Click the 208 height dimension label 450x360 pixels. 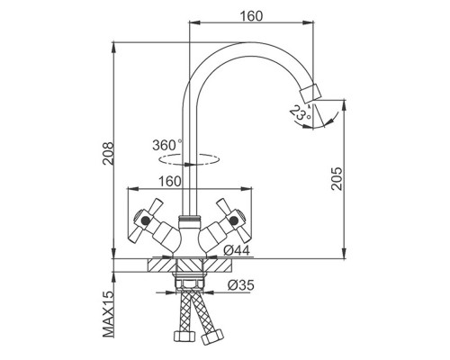pos(108,153)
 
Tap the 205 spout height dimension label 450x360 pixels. pos(337,178)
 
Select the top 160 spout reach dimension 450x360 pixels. pos(251,16)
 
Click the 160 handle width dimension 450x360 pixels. pos(170,182)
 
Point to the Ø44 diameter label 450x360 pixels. pos(237,250)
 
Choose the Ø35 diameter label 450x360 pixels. pos(241,285)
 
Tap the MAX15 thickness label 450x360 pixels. pos(108,314)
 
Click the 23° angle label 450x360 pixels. pos(299,114)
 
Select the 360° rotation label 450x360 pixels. pos(167,145)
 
